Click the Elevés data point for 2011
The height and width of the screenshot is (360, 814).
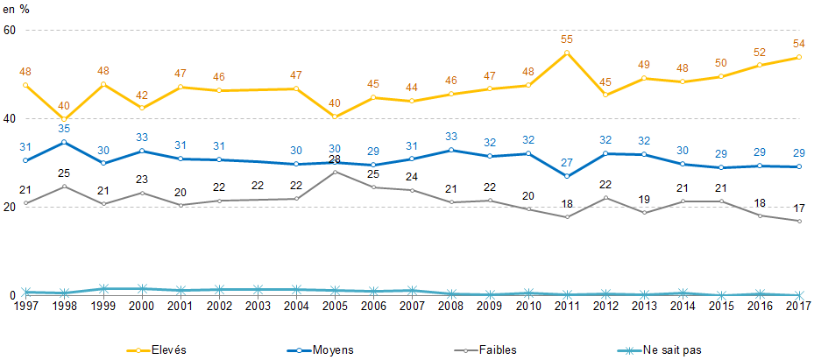click(567, 53)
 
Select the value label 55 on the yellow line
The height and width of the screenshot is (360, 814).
click(567, 39)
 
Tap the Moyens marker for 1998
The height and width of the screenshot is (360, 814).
click(65, 142)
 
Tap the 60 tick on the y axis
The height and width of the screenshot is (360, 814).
click(10, 31)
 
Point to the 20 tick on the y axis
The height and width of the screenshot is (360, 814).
click(10, 208)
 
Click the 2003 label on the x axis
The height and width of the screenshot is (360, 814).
click(258, 306)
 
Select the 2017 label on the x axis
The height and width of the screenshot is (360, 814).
click(798, 306)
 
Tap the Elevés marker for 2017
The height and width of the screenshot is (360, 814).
click(798, 58)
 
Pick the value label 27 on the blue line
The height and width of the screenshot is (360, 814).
click(567, 162)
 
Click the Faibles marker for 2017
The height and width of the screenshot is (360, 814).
click(798, 221)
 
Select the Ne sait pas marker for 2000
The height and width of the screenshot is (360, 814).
click(142, 289)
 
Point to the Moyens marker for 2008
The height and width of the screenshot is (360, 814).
click(451, 151)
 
